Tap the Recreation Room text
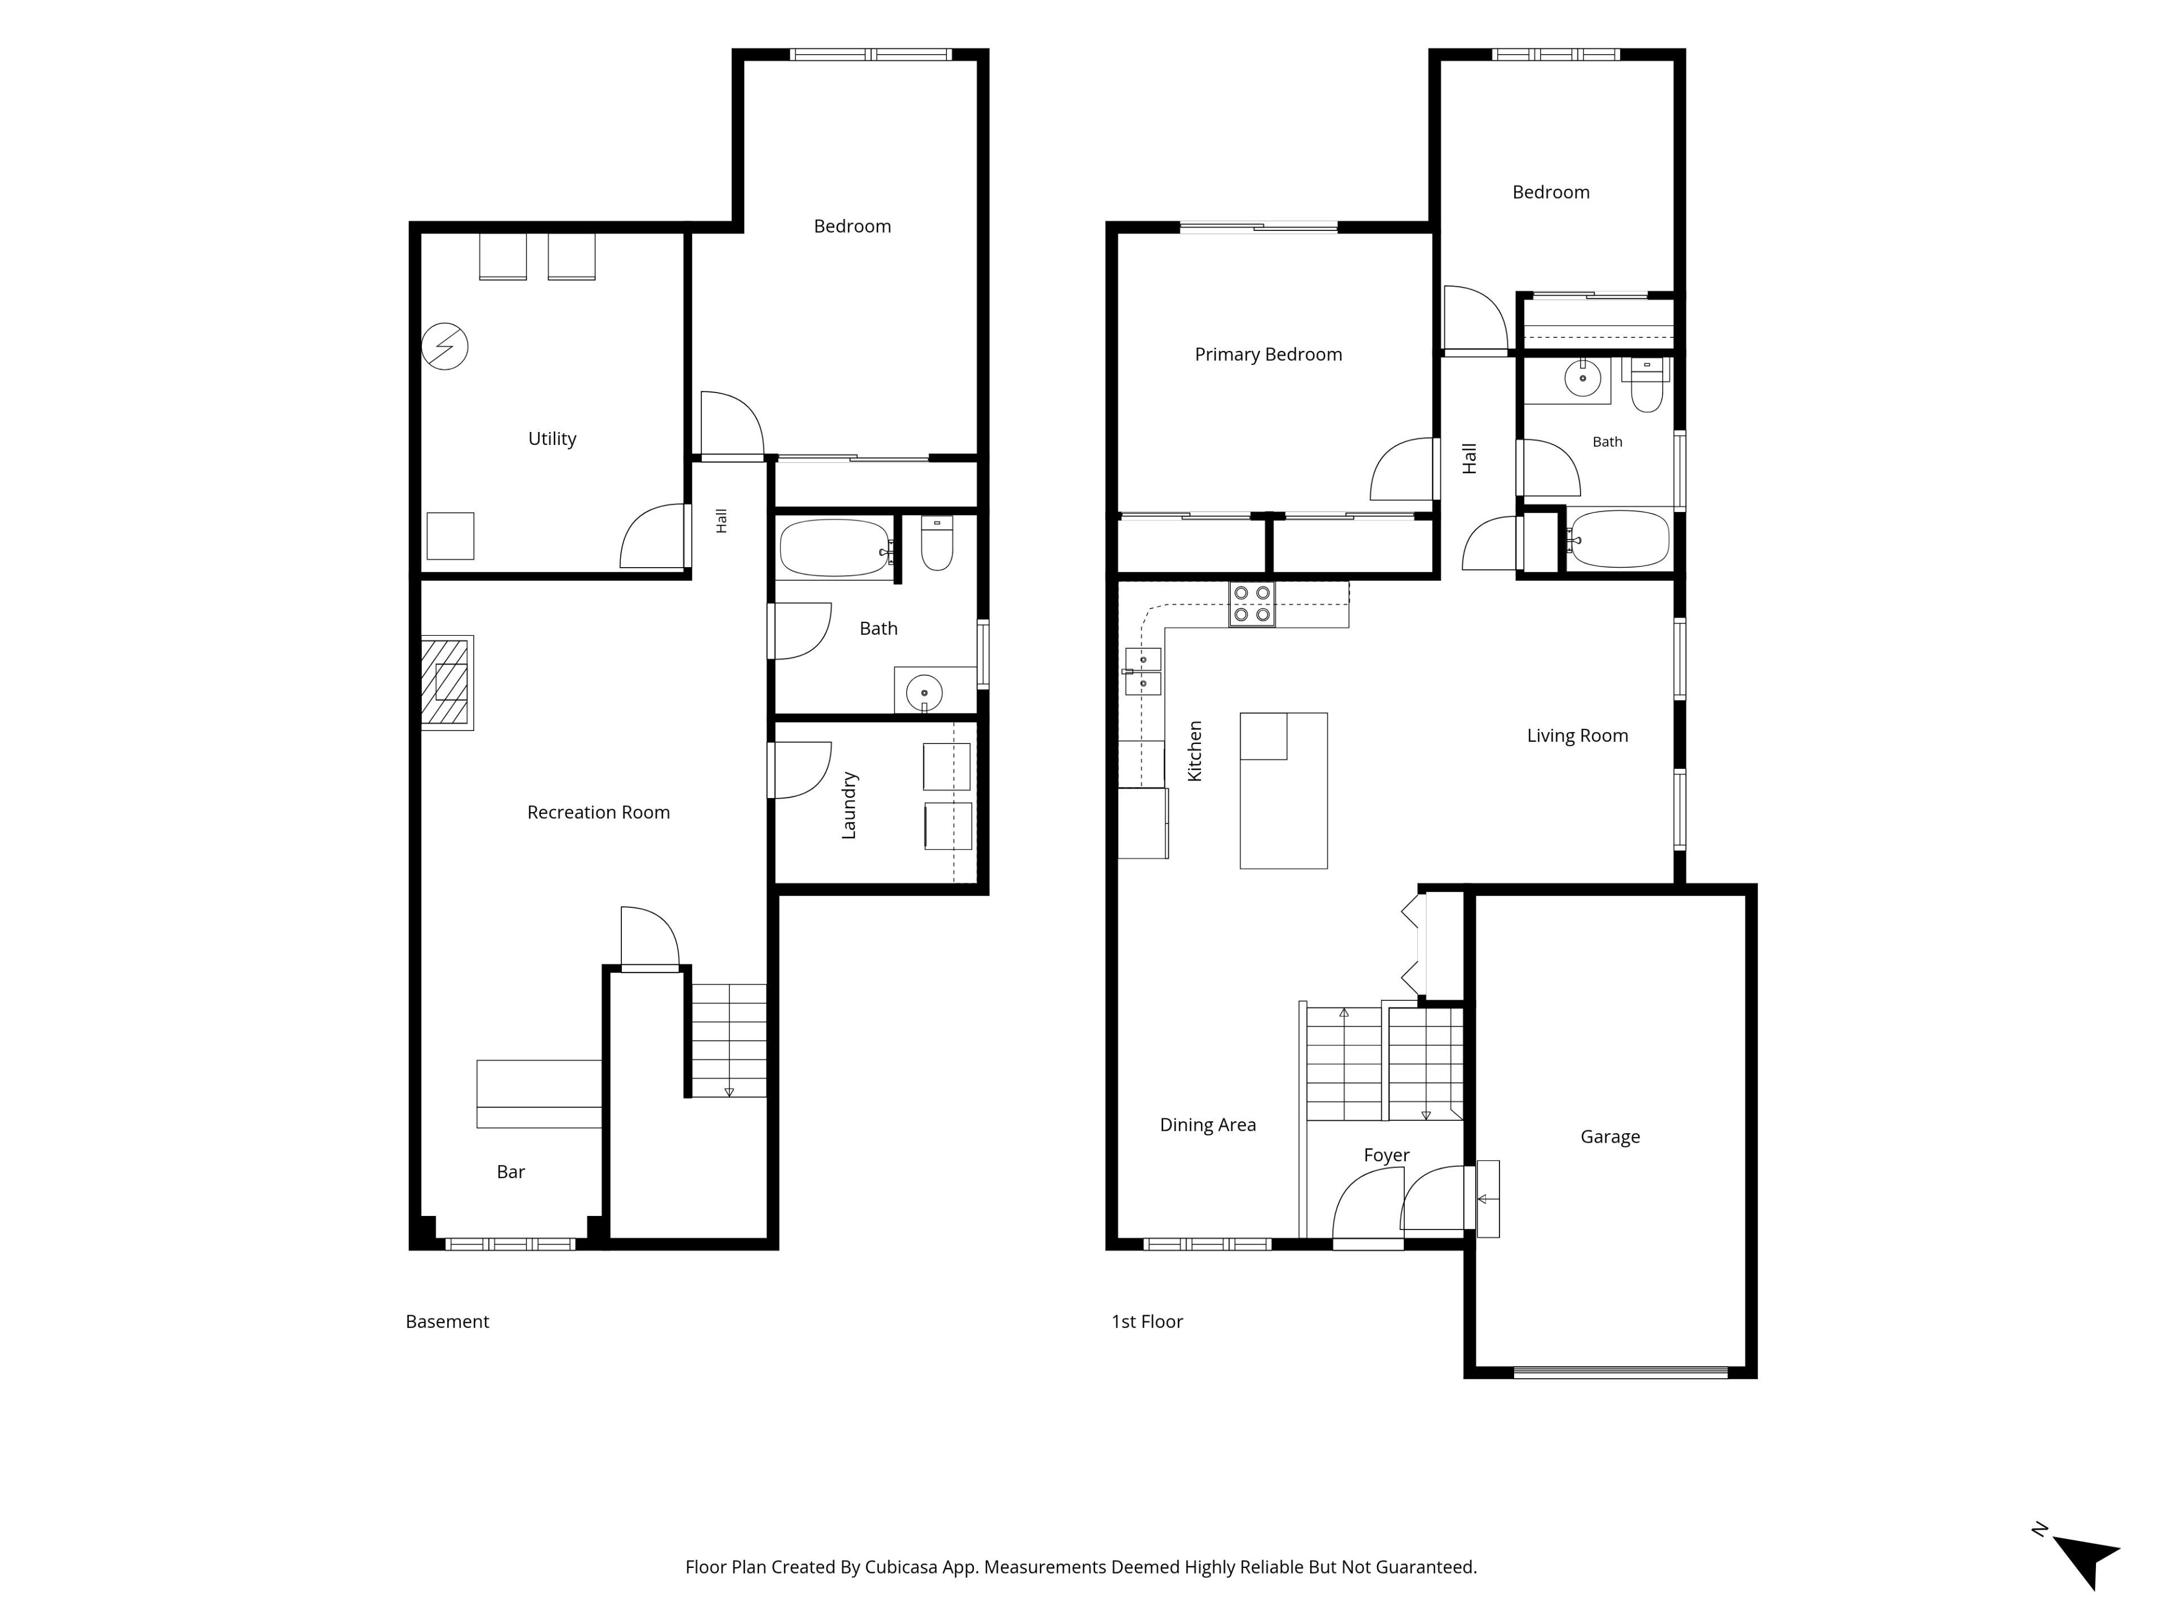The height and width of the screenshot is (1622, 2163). click(598, 813)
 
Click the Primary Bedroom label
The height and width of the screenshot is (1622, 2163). click(1269, 355)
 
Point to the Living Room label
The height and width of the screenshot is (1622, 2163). click(1577, 736)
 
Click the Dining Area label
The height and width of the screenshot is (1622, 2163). click(1208, 1125)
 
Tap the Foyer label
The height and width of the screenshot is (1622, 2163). click(1387, 1156)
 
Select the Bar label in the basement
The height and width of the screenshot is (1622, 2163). click(510, 1172)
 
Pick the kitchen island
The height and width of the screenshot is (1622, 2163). click(1283, 790)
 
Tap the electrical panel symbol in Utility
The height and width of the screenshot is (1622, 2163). click(445, 346)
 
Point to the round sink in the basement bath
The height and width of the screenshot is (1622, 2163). click(924, 693)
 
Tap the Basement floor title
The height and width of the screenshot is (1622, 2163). click(447, 1322)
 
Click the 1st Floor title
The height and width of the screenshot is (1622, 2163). click(1146, 1322)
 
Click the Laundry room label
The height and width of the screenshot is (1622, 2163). click(849, 805)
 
